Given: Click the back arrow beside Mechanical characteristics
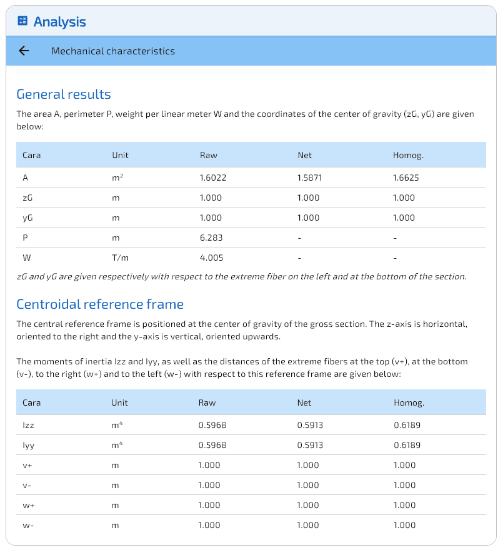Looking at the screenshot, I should [24, 51].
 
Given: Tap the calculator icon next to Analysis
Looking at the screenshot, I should [22, 21].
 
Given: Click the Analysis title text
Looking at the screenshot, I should [59, 22].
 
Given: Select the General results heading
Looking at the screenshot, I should [63, 94].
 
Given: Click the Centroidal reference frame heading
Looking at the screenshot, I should [100, 304].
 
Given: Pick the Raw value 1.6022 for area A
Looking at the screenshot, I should [213, 177].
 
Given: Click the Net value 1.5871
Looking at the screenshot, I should [310, 177].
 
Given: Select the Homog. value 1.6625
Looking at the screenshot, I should [406, 177].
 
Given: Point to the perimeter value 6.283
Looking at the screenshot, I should [211, 237].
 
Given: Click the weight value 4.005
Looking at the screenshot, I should [211, 257].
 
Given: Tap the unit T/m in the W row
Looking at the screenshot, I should [120, 257].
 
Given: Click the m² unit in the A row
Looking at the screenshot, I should [117, 177].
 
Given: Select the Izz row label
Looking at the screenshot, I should [27, 425].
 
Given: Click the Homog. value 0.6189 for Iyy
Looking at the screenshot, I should [407, 445].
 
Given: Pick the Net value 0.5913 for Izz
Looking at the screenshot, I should [310, 425].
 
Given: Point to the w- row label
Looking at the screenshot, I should [28, 525].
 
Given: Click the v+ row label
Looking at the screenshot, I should [27, 465].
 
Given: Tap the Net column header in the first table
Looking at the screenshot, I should [304, 155].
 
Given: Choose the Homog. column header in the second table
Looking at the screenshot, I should [409, 402].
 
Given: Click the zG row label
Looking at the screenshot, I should [27, 197].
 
